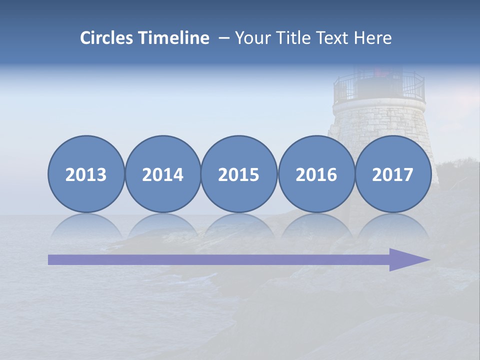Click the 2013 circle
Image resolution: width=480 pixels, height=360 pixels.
86,174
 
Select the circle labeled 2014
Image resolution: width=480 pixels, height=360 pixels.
163,174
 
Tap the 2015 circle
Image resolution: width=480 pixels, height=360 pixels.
239,174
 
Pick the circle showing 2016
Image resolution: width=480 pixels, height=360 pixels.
316,174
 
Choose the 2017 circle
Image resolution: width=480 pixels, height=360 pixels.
393,174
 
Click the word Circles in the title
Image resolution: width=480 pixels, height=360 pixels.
107,38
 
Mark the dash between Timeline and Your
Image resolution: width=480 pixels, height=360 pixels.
224,38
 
